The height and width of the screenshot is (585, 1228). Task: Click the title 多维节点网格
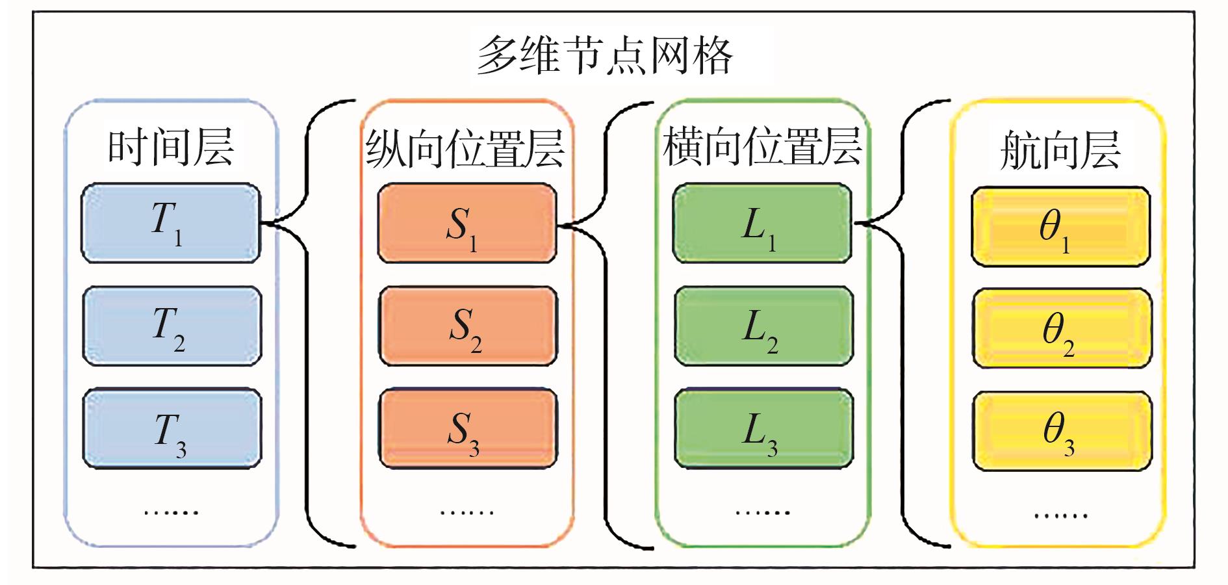(x=605, y=55)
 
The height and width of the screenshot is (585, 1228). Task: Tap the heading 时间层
(x=171, y=148)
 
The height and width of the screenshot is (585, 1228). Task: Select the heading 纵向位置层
(x=465, y=148)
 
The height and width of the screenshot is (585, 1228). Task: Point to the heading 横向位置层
(x=761, y=147)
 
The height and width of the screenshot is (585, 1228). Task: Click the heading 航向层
(x=1060, y=150)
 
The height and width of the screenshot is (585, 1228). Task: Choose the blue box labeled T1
(x=171, y=223)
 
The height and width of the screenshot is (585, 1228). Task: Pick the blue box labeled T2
(x=172, y=326)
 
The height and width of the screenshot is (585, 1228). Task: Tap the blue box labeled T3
(x=172, y=428)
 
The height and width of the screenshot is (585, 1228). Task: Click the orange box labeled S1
(x=467, y=224)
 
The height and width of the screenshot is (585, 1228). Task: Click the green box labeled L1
(x=762, y=224)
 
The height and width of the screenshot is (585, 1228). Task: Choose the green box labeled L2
(x=763, y=326)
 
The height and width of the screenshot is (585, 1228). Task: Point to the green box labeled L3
(x=763, y=428)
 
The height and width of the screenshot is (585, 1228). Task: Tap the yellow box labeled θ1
(x=1060, y=227)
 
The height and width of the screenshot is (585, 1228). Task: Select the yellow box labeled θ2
(x=1062, y=329)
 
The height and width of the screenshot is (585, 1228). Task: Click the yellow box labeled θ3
(x=1062, y=431)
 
